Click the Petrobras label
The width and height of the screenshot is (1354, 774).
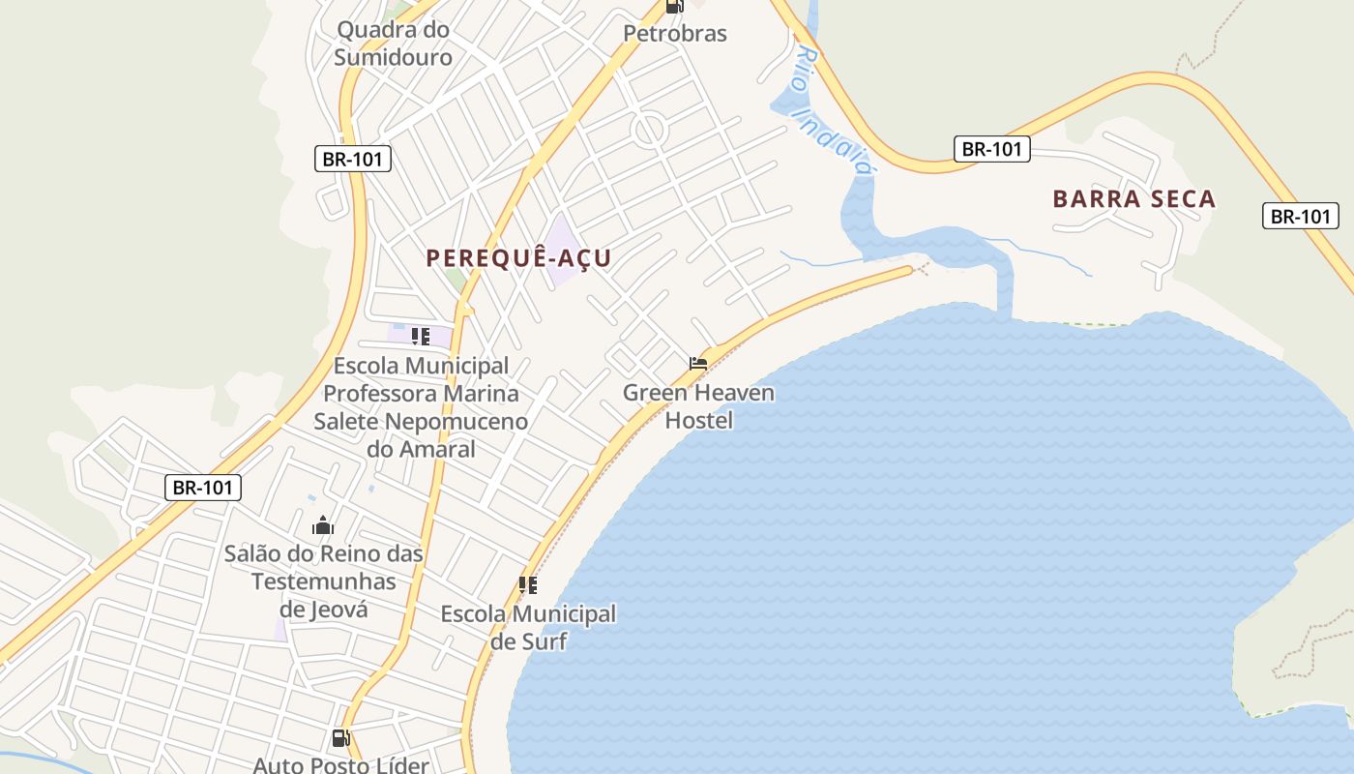click(x=674, y=34)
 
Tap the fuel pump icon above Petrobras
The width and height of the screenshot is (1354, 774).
click(x=674, y=6)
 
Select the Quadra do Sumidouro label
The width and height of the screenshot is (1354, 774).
click(x=393, y=44)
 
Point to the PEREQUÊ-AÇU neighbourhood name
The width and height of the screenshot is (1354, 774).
click(x=518, y=258)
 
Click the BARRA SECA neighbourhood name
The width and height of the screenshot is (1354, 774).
click(x=1133, y=199)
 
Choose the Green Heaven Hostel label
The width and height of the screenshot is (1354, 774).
click(x=698, y=406)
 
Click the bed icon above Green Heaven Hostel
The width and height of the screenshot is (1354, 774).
click(x=698, y=364)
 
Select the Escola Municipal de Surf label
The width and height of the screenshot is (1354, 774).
click(x=528, y=627)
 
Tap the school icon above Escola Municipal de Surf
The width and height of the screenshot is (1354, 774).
click(x=528, y=585)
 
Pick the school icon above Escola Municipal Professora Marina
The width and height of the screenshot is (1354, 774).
click(x=420, y=337)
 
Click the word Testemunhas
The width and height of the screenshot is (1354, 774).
click(x=324, y=581)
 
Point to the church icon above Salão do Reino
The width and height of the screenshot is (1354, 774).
click(x=323, y=526)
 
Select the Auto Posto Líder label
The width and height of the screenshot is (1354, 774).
click(x=340, y=765)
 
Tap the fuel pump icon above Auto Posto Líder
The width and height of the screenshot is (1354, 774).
click(x=340, y=738)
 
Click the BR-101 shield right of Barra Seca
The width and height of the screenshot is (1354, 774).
click(x=1301, y=216)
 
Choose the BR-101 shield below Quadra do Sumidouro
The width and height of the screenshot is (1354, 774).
click(x=353, y=159)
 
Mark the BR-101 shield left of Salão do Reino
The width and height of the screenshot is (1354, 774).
click(x=202, y=488)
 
